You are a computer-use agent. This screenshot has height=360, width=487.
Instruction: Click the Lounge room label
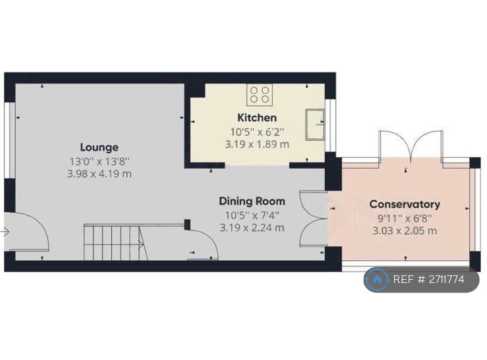pos(99,147)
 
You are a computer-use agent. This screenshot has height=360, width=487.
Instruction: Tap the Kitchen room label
pos(257,117)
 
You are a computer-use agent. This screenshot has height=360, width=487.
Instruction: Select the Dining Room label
pos(252,201)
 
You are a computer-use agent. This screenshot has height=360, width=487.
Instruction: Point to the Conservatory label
pos(405,204)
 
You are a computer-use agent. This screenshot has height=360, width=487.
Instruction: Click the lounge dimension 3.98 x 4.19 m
pos(99,174)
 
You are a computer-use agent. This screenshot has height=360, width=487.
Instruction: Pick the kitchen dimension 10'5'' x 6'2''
pos(257,132)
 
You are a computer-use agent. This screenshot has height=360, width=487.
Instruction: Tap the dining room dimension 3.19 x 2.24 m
pos(252,227)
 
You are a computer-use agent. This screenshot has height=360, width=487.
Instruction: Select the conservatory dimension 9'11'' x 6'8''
pos(405,219)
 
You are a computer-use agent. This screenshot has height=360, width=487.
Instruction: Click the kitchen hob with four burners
pos(260,95)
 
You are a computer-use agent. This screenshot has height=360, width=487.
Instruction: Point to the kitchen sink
pos(315,124)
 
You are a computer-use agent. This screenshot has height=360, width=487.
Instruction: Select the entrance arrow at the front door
pos(4,232)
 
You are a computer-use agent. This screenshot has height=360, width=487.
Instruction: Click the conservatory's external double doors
pos(411,147)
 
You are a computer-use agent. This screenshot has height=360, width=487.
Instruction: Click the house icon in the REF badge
pos(376,279)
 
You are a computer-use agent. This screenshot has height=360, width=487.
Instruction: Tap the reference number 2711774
pos(447,279)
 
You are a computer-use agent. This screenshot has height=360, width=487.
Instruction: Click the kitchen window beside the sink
pos(332,126)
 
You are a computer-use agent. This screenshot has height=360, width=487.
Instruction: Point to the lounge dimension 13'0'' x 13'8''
pos(99,161)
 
